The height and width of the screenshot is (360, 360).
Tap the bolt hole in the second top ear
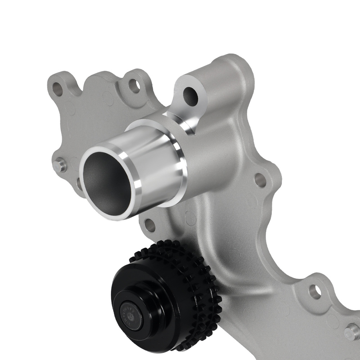(x=134, y=87)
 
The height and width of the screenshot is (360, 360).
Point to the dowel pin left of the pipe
(x=60, y=166)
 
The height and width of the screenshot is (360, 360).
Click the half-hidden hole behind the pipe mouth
(x=79, y=184)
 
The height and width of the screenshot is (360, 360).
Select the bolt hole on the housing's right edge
(x=261, y=180)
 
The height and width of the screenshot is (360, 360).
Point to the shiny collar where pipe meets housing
(x=180, y=158)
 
